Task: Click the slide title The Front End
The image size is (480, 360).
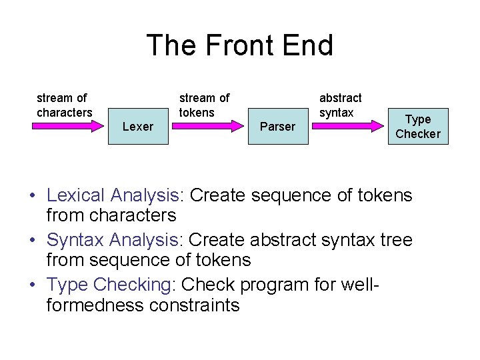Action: point(239,46)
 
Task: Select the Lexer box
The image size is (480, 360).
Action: point(138,126)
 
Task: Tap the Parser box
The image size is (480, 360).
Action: point(277,126)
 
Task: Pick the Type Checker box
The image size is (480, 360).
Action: point(418,126)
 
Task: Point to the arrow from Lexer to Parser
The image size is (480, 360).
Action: point(207,126)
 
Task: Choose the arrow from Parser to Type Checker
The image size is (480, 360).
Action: point(347,126)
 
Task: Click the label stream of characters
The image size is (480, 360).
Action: point(64,105)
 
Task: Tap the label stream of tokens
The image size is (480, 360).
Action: point(204,105)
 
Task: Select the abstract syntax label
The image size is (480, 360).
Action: point(340,105)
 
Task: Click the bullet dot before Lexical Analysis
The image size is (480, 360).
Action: point(32,197)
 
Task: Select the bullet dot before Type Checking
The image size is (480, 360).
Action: point(32,285)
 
